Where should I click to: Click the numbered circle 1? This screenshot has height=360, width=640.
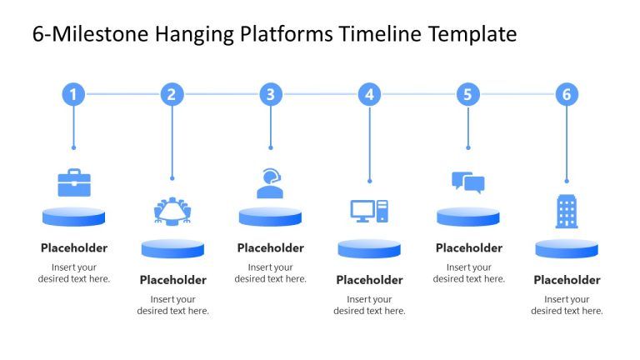tap(73, 94)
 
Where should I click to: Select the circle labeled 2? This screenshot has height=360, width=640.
tap(172, 94)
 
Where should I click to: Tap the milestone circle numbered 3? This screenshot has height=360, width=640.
tap(270, 94)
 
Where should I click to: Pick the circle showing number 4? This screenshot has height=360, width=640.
tap(369, 94)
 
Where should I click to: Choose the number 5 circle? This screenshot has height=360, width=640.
tap(467, 94)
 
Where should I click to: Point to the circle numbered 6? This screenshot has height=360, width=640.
tap(567, 94)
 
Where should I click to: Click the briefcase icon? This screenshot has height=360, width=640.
tap(73, 182)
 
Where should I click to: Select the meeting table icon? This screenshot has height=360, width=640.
tap(172, 212)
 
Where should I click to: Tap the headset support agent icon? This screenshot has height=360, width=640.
tap(270, 183)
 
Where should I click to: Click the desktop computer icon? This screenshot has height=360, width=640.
tap(369, 212)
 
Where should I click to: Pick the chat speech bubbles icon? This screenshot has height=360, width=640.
tap(467, 182)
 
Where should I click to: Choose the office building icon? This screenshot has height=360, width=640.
tap(567, 212)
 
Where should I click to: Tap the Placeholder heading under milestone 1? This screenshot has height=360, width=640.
tap(73, 247)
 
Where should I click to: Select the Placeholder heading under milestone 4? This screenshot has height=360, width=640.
tap(369, 280)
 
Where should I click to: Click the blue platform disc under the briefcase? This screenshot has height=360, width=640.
tap(73, 217)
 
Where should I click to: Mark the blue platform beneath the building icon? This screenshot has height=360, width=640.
tap(567, 248)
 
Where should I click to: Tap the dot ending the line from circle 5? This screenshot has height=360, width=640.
tap(467, 147)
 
